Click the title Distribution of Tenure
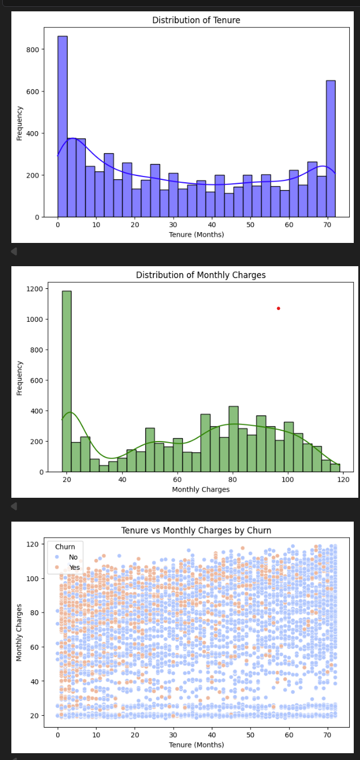point(196,20)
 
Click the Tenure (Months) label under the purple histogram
point(196,234)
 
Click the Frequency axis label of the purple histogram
point(20,123)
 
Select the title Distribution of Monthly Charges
point(200,275)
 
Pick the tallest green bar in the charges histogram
point(66,381)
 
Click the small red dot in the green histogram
point(278,308)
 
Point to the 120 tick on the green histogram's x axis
point(342,480)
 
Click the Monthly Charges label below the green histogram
point(200,489)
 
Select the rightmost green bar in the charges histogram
point(335,468)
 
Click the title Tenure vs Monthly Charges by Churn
point(196,530)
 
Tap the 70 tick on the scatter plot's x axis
point(328,734)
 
